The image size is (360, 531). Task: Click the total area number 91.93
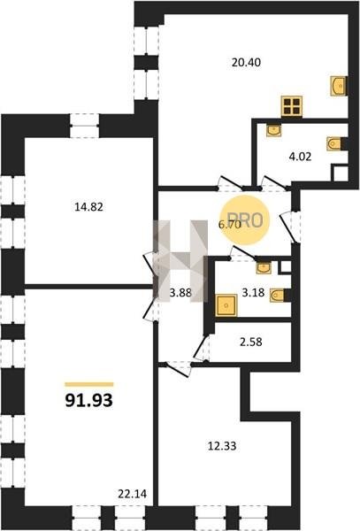[88, 401]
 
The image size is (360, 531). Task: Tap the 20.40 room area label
[246, 63]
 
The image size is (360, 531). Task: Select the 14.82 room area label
[88, 206]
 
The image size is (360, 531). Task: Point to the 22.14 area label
[133, 494]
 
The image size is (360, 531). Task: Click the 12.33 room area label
[222, 446]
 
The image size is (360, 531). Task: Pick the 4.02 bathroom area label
[300, 157]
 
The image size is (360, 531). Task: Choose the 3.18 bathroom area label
[253, 292]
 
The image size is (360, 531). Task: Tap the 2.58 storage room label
[250, 342]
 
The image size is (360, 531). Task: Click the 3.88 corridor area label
[180, 293]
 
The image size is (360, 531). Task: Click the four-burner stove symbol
[292, 106]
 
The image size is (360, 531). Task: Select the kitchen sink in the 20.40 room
[339, 86]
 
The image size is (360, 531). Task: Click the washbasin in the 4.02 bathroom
[273, 130]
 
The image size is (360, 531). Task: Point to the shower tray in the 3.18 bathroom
[226, 305]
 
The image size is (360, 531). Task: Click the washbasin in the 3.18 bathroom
[264, 268]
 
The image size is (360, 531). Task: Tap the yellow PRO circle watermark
[244, 220]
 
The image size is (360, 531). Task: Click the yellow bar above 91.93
[89, 384]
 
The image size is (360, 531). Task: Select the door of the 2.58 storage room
[202, 348]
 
